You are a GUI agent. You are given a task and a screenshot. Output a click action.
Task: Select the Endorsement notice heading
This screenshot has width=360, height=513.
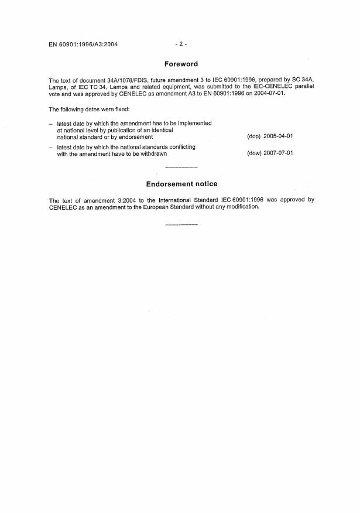[181, 184]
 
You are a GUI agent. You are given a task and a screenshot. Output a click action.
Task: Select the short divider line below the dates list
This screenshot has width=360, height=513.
[181, 167]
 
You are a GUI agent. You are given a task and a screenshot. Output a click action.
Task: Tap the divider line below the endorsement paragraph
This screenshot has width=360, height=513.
[181, 224]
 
